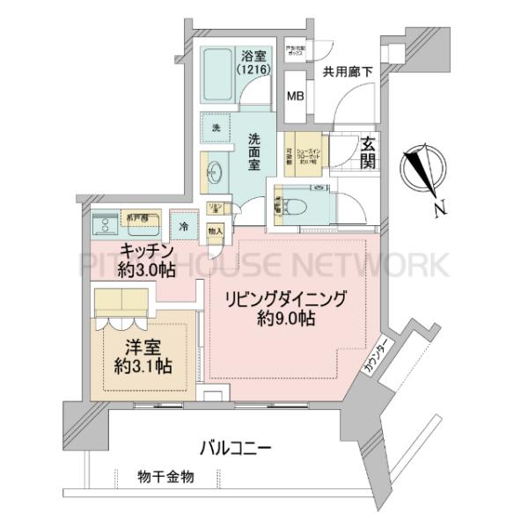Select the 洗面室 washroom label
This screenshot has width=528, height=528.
(253, 151)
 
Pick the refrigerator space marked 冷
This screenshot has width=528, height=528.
(184, 226)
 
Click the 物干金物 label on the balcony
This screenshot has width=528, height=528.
(165, 476)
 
